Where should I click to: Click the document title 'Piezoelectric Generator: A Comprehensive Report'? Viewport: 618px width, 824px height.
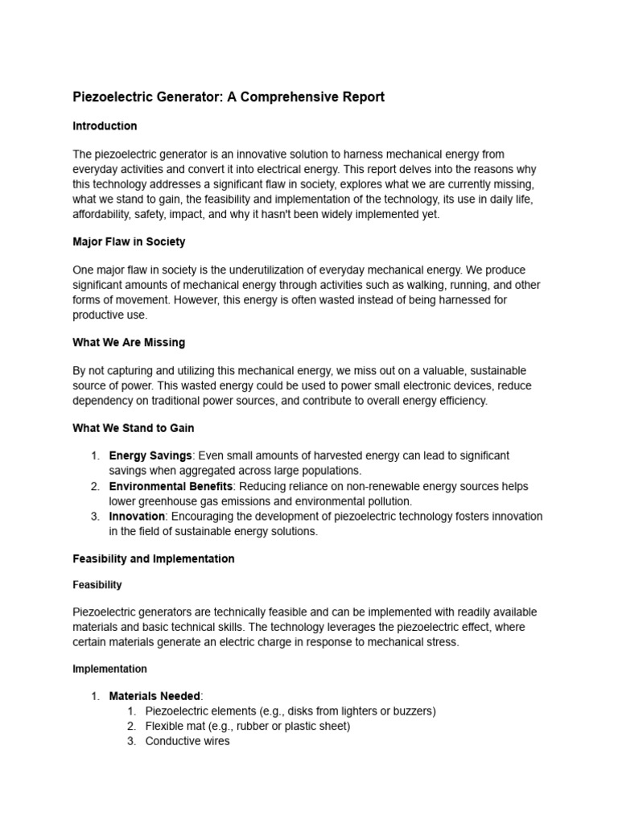coord(229,97)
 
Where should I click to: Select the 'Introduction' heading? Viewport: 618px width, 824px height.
coord(105,126)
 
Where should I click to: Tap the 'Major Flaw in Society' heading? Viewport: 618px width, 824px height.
coord(129,242)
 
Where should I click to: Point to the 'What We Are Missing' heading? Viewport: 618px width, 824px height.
coord(129,343)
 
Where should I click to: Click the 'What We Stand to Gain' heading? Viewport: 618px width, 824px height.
coord(133,428)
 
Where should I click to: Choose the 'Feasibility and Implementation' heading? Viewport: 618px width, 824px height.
coord(154,558)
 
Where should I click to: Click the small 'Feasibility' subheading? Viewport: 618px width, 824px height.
coord(97,585)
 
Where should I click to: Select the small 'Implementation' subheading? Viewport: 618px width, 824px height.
coord(109,669)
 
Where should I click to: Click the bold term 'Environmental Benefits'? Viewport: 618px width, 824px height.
coord(171,487)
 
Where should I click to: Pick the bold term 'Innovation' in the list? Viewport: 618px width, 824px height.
coord(137,517)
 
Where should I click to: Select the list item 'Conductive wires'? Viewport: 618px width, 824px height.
coord(187,741)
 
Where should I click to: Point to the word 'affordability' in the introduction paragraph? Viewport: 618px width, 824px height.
coord(103,214)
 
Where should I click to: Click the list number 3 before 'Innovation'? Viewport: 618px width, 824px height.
coord(94,517)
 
